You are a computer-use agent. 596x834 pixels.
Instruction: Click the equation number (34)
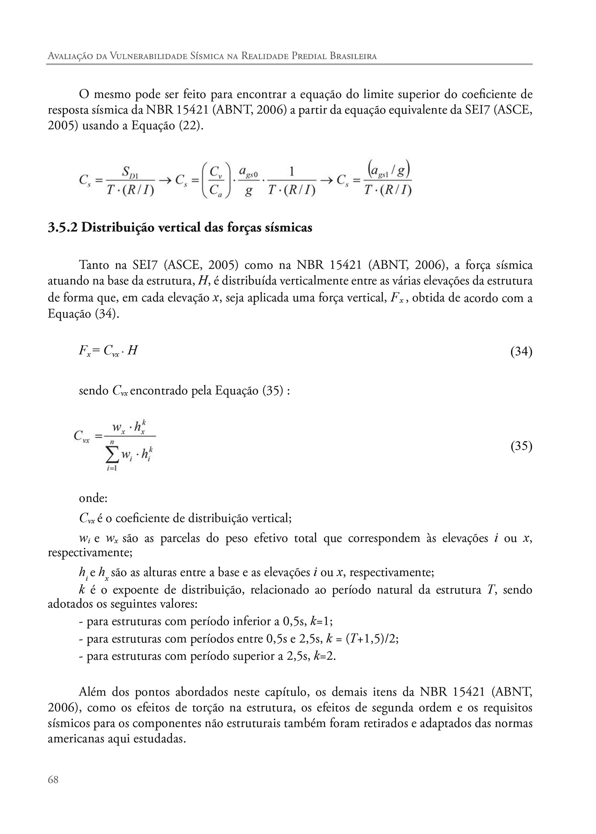point(521,352)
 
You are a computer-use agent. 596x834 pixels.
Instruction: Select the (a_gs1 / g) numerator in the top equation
point(388,172)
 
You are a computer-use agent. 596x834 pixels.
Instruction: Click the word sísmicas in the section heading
point(288,228)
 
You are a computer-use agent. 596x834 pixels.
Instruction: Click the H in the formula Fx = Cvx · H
point(133,351)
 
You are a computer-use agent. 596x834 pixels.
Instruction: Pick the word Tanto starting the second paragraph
point(94,265)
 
